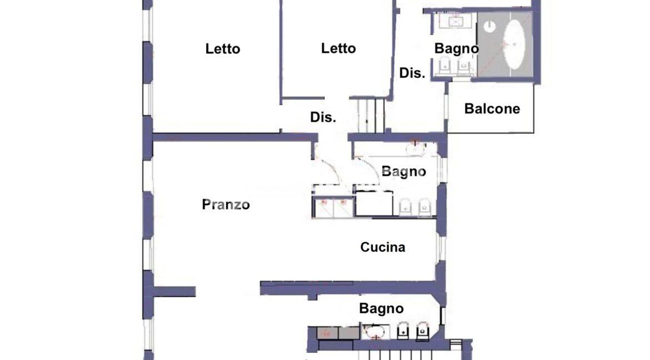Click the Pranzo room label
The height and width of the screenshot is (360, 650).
(x=226, y=204)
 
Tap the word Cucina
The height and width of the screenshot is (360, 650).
(x=383, y=247)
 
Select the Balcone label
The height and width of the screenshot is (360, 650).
(x=492, y=109)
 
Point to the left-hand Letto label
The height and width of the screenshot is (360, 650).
(x=223, y=49)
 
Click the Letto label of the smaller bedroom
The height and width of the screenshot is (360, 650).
(x=338, y=48)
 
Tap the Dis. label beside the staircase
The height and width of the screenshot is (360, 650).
(x=323, y=117)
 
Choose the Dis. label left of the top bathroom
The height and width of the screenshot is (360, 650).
(x=412, y=73)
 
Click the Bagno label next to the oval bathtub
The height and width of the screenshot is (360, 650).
(x=457, y=48)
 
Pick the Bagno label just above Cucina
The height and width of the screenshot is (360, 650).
(x=403, y=171)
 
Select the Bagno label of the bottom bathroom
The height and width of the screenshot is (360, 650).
(x=381, y=308)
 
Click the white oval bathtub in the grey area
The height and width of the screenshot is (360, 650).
(x=514, y=44)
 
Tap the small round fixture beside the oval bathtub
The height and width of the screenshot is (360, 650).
(x=489, y=27)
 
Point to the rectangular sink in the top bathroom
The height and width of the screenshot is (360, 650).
(x=456, y=21)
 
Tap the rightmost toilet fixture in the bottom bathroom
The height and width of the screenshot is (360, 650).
(x=422, y=331)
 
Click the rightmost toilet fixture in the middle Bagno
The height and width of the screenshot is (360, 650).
(x=424, y=207)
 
